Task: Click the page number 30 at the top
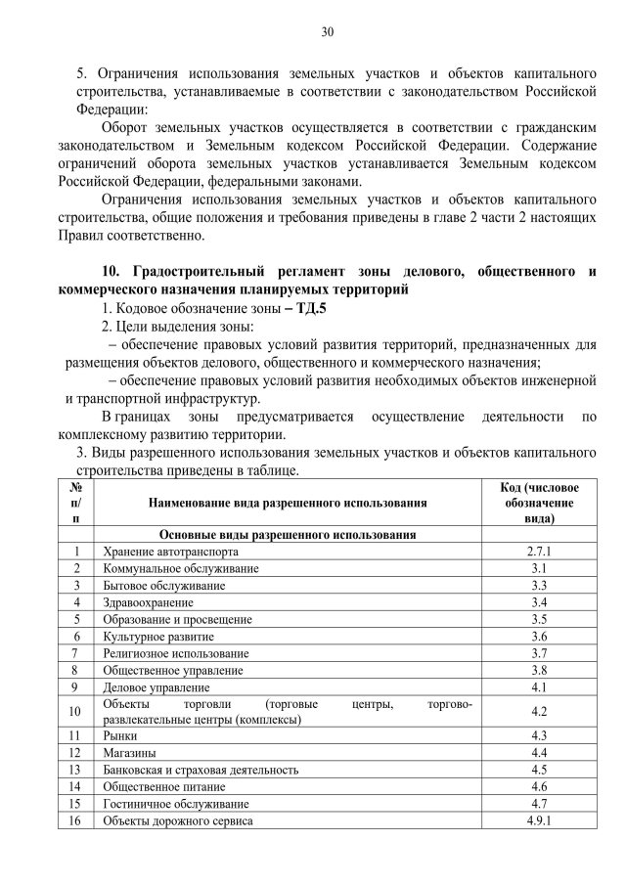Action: pyautogui.click(x=328, y=32)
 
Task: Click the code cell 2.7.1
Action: pyautogui.click(x=539, y=552)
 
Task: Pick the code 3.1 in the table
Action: pyautogui.click(x=539, y=568)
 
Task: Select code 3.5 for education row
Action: pyautogui.click(x=539, y=619)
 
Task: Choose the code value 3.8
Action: pyautogui.click(x=539, y=670)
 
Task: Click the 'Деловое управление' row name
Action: pyautogui.click(x=154, y=687)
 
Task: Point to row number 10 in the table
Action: pyautogui.click(x=75, y=712)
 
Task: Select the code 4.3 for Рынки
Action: pyautogui.click(x=539, y=735)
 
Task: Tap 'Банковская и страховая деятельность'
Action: pyautogui.click(x=201, y=770)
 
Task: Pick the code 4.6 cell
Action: pyautogui.click(x=539, y=786)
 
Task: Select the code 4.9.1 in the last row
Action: pyautogui.click(x=539, y=820)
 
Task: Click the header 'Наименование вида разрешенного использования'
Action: pyautogui.click(x=288, y=503)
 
